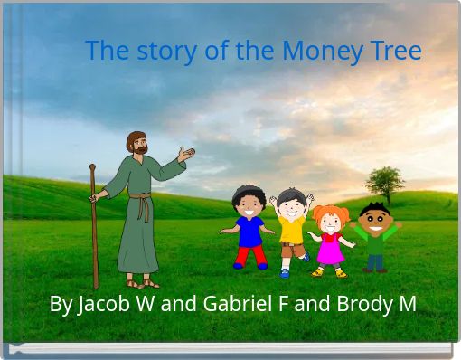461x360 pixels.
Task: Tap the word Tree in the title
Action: point(396,51)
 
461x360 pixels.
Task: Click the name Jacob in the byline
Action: point(104,304)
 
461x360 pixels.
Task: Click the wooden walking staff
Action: point(94,226)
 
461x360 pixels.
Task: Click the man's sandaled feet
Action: point(142,281)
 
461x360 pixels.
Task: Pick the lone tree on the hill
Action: point(384,182)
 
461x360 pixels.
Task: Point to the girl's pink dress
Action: point(330,248)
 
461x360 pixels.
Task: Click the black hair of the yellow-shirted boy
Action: point(290,194)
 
